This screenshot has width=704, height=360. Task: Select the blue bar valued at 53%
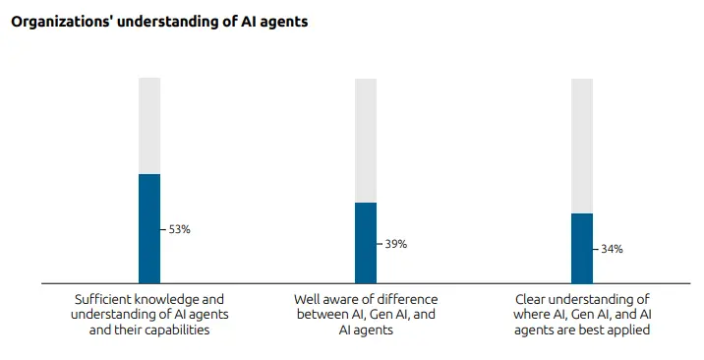(x=149, y=228)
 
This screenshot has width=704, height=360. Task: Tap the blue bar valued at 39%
(x=366, y=243)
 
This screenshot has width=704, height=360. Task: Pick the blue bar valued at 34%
(x=582, y=248)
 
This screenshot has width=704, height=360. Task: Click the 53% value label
(x=179, y=229)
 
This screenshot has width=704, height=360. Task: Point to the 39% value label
(x=395, y=244)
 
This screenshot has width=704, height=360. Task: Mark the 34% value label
(x=612, y=250)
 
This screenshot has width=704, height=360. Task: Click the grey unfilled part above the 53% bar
(x=149, y=125)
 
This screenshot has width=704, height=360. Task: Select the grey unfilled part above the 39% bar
(x=366, y=140)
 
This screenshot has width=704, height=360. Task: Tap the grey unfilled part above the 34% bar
(x=582, y=145)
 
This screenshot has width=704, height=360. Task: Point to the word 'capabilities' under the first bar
(x=177, y=330)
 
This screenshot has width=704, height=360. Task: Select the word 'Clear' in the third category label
(x=532, y=298)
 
